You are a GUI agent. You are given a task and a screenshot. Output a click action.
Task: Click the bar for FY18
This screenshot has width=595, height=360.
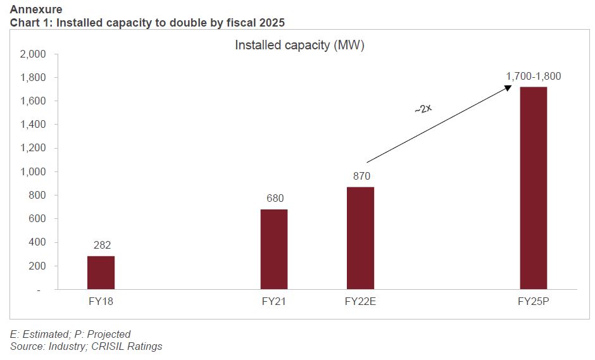(101, 273)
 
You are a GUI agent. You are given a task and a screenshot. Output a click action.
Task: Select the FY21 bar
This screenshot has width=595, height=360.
(273, 249)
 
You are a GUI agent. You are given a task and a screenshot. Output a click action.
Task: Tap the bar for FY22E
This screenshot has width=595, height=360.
(360, 238)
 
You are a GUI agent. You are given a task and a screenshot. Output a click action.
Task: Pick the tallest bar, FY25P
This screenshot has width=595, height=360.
(533, 188)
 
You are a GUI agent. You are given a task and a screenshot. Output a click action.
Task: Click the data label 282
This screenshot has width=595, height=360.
(101, 245)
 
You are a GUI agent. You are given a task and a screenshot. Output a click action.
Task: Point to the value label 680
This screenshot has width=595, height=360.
(274, 199)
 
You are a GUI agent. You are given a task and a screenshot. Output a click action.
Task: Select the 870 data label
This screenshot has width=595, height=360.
(361, 176)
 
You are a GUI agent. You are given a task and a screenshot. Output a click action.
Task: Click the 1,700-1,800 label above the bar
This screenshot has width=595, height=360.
(533, 77)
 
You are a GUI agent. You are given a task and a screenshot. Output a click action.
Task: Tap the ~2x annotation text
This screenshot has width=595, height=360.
(423, 109)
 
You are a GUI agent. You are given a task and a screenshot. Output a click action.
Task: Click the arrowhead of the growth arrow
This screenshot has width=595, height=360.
(508, 88)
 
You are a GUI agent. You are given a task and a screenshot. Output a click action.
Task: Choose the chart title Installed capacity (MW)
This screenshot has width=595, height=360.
(299, 46)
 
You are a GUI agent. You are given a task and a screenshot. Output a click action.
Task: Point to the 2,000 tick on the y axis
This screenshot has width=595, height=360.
(33, 54)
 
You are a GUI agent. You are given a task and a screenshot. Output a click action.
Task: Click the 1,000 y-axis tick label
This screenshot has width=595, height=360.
(33, 172)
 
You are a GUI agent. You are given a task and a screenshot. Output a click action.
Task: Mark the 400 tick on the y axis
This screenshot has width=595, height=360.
(37, 243)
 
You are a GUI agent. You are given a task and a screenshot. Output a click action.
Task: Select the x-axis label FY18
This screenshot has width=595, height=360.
(101, 301)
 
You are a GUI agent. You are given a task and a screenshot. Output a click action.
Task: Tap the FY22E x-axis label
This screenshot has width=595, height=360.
(360, 301)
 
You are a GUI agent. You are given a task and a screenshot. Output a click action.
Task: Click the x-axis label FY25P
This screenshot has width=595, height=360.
(533, 301)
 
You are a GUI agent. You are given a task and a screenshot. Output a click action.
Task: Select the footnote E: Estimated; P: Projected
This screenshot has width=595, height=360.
(70, 334)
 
